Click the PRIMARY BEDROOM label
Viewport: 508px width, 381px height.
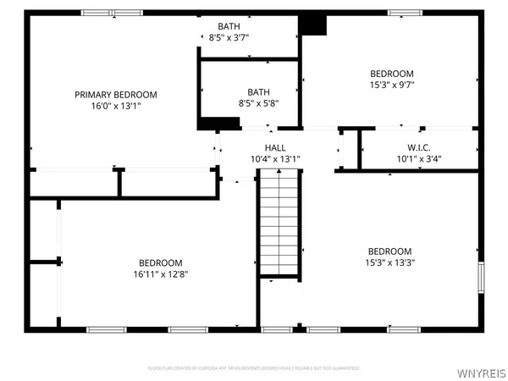pos(116,94)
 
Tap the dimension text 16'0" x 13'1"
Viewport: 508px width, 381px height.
pos(116,106)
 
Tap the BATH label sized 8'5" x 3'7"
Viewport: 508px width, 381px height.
pos(229,26)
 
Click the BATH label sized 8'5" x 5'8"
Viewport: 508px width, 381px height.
pos(258,91)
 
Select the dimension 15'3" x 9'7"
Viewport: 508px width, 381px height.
pos(391,86)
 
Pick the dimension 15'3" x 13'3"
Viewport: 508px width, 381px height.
pos(390,262)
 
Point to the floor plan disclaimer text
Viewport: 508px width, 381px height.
pos(253,368)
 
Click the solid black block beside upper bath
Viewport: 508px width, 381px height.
pos(313,25)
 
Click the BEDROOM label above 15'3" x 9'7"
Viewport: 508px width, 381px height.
pos(391,74)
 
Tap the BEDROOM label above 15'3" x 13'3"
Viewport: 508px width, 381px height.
pos(390,251)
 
